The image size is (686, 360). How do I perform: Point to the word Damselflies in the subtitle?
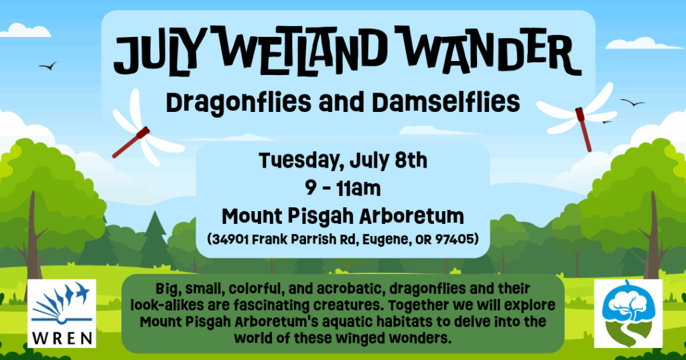(445, 102)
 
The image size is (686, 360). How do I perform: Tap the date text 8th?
(411, 160)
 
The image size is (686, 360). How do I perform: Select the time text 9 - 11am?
(342, 188)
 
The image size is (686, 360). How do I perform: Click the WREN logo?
(62, 314)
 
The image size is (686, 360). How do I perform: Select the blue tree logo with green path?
(628, 314)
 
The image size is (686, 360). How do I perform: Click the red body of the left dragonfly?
(131, 142)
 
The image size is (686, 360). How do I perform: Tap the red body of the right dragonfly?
(584, 129)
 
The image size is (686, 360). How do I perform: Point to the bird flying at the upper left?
(48, 66)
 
